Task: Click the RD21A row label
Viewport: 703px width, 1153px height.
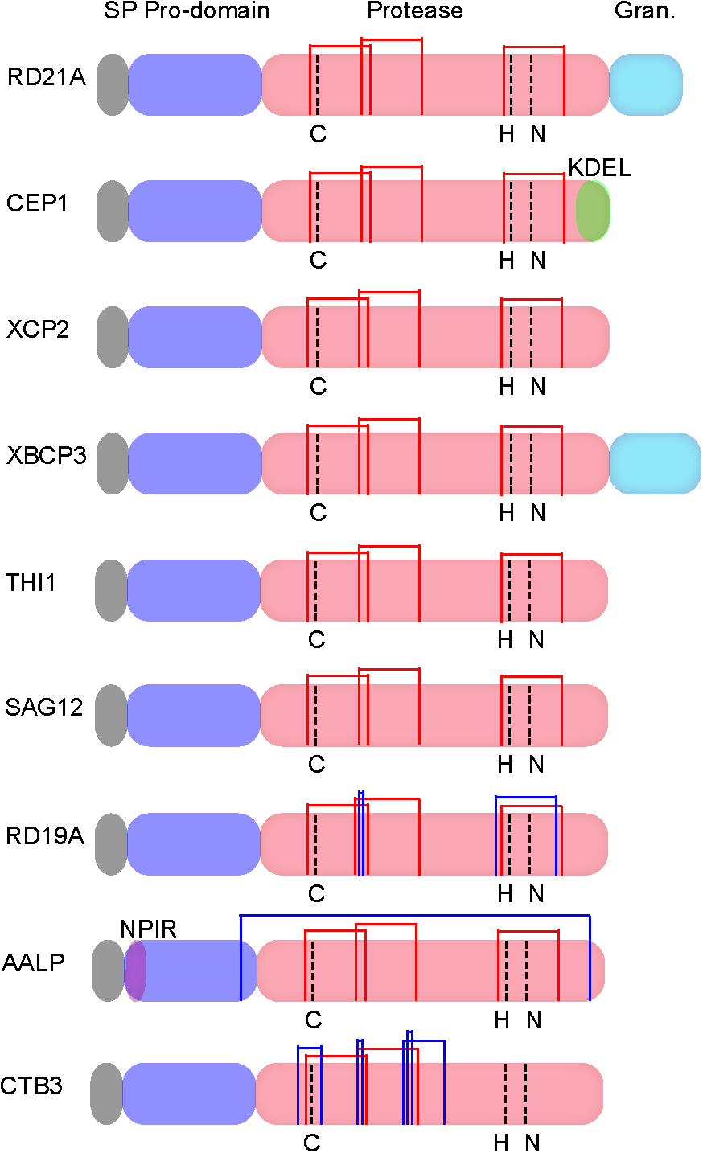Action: pos(46,77)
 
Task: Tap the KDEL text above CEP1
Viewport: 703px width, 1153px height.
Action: pos(599,168)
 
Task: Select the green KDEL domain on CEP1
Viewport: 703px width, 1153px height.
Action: pos(593,211)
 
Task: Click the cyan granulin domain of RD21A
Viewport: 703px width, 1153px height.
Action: pos(646,84)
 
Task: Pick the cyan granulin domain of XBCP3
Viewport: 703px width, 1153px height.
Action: pos(655,463)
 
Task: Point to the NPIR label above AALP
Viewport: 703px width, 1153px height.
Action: pos(148,929)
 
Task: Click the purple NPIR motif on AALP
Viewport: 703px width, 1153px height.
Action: pos(135,970)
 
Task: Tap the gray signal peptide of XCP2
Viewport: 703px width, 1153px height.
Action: pos(113,337)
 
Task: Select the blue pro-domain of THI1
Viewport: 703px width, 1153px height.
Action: pos(193,590)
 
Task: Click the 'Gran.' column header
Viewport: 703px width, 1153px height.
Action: pos(644,11)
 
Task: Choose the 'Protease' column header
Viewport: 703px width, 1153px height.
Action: pos(415,11)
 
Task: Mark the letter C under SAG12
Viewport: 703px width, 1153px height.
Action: pos(317,764)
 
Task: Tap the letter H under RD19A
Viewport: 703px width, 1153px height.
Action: pos(505,894)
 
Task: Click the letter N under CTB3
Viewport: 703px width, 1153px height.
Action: pos(532,1143)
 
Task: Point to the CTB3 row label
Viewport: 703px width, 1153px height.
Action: pos(31,1086)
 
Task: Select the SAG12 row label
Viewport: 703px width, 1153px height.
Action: pos(43,708)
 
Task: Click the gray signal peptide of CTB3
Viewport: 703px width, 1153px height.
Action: pos(106,1094)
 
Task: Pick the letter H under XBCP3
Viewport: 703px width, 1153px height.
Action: pos(507,513)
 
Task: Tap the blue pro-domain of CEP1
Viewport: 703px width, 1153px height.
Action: pos(195,211)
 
